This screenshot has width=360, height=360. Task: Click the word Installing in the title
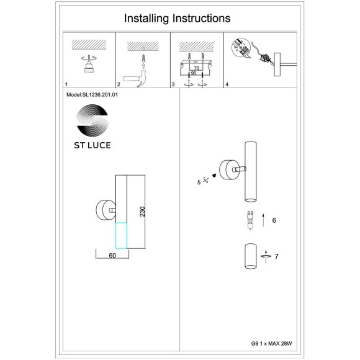tap(146, 19)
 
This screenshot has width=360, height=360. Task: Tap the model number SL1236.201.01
tap(100, 94)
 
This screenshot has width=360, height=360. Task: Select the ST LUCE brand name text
tap(92, 145)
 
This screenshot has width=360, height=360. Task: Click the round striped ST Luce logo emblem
tap(92, 120)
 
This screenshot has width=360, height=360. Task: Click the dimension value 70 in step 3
tap(196, 68)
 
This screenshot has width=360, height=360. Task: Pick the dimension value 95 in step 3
tap(194, 73)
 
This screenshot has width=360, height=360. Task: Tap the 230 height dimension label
tap(143, 212)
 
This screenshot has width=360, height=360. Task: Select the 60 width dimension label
tap(112, 255)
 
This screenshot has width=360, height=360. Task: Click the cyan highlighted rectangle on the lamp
tap(121, 235)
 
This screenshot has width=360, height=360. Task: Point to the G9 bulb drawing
tap(250, 220)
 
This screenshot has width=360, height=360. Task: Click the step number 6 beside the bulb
tap(274, 220)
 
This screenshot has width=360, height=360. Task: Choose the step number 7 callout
tap(276, 256)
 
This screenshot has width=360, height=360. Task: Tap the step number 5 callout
tap(199, 182)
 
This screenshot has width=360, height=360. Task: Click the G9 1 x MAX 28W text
tap(272, 343)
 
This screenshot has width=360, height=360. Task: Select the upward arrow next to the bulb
tap(263, 220)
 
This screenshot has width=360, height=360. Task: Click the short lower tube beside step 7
tap(250, 256)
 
